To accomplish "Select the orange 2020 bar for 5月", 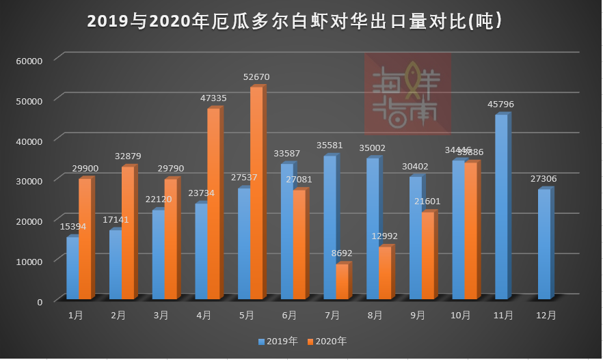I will pyautogui.click(x=256, y=193).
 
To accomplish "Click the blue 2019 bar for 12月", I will pyautogui.click(x=544, y=244).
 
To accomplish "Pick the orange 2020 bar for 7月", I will pyautogui.click(x=342, y=281).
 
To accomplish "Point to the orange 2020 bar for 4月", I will pyautogui.click(x=213, y=204).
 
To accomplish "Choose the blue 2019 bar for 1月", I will pyautogui.click(x=72, y=268).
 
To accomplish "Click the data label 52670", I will pyautogui.click(x=256, y=77).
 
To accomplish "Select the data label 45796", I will pyautogui.click(x=500, y=105).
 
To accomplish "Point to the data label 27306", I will pyautogui.click(x=544, y=179).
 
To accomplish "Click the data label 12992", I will pyautogui.click(x=384, y=236).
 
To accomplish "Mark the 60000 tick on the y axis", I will pyautogui.click(x=29, y=60).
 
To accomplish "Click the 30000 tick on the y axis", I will pyautogui.click(x=29, y=180).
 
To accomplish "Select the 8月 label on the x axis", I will pyautogui.click(x=375, y=316).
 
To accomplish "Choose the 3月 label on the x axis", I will pyautogui.click(x=161, y=316).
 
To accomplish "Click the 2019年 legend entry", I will pyautogui.click(x=278, y=341).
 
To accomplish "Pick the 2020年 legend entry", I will pyautogui.click(x=327, y=341).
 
